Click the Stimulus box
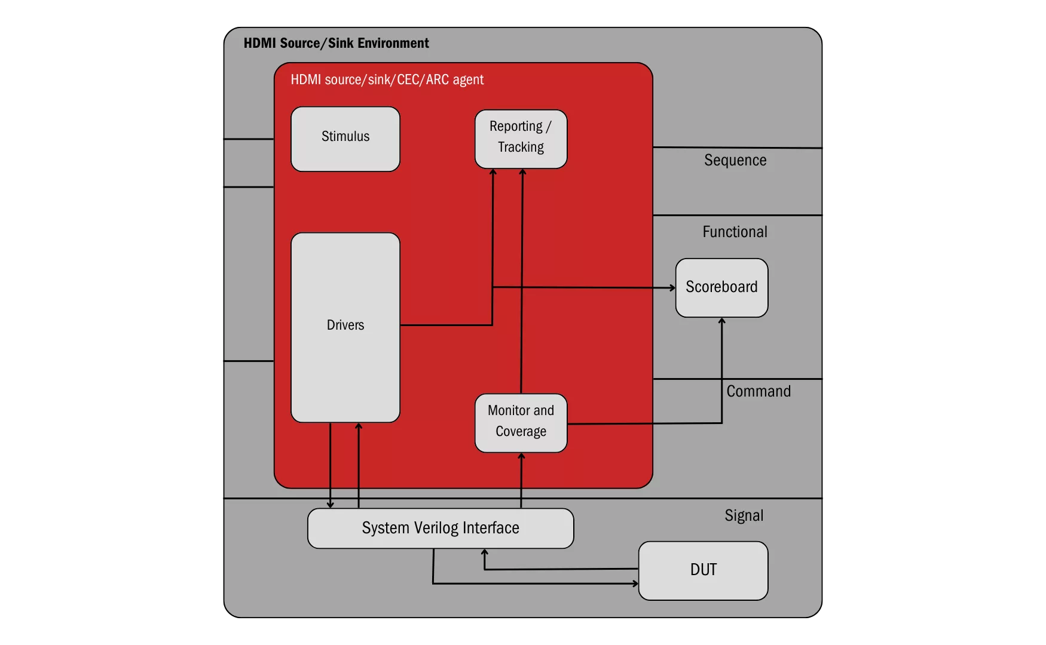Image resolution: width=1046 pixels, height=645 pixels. click(x=345, y=139)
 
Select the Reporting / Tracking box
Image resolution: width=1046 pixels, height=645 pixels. click(x=521, y=139)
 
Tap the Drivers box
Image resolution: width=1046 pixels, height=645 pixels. click(x=345, y=327)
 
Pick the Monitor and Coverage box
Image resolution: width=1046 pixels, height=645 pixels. click(x=521, y=423)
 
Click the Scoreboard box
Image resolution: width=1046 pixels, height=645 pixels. click(x=721, y=287)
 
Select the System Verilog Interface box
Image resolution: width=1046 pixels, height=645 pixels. click(x=441, y=528)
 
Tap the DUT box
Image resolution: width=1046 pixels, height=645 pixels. click(x=703, y=570)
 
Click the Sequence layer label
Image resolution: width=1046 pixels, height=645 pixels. click(x=735, y=160)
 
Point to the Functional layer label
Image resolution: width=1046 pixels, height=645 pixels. click(x=735, y=232)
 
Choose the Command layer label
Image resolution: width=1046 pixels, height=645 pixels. click(x=758, y=391)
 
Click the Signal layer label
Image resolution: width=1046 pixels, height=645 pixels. click(x=744, y=515)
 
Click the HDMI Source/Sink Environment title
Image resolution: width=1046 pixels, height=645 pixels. click(x=336, y=43)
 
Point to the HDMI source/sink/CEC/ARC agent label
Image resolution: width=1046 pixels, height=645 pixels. click(x=387, y=79)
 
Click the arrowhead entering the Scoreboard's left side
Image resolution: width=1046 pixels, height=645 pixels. click(x=672, y=288)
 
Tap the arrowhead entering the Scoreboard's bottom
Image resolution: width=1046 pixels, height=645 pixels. click(x=721, y=321)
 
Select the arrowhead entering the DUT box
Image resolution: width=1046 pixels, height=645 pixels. click(x=635, y=583)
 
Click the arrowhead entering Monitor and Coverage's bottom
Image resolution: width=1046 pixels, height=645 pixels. click(x=521, y=456)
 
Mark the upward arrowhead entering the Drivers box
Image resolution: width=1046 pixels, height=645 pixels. click(x=359, y=426)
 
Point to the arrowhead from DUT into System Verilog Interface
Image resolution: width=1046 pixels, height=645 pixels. click(x=484, y=553)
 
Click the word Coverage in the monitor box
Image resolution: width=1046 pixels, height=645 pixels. click(x=521, y=431)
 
